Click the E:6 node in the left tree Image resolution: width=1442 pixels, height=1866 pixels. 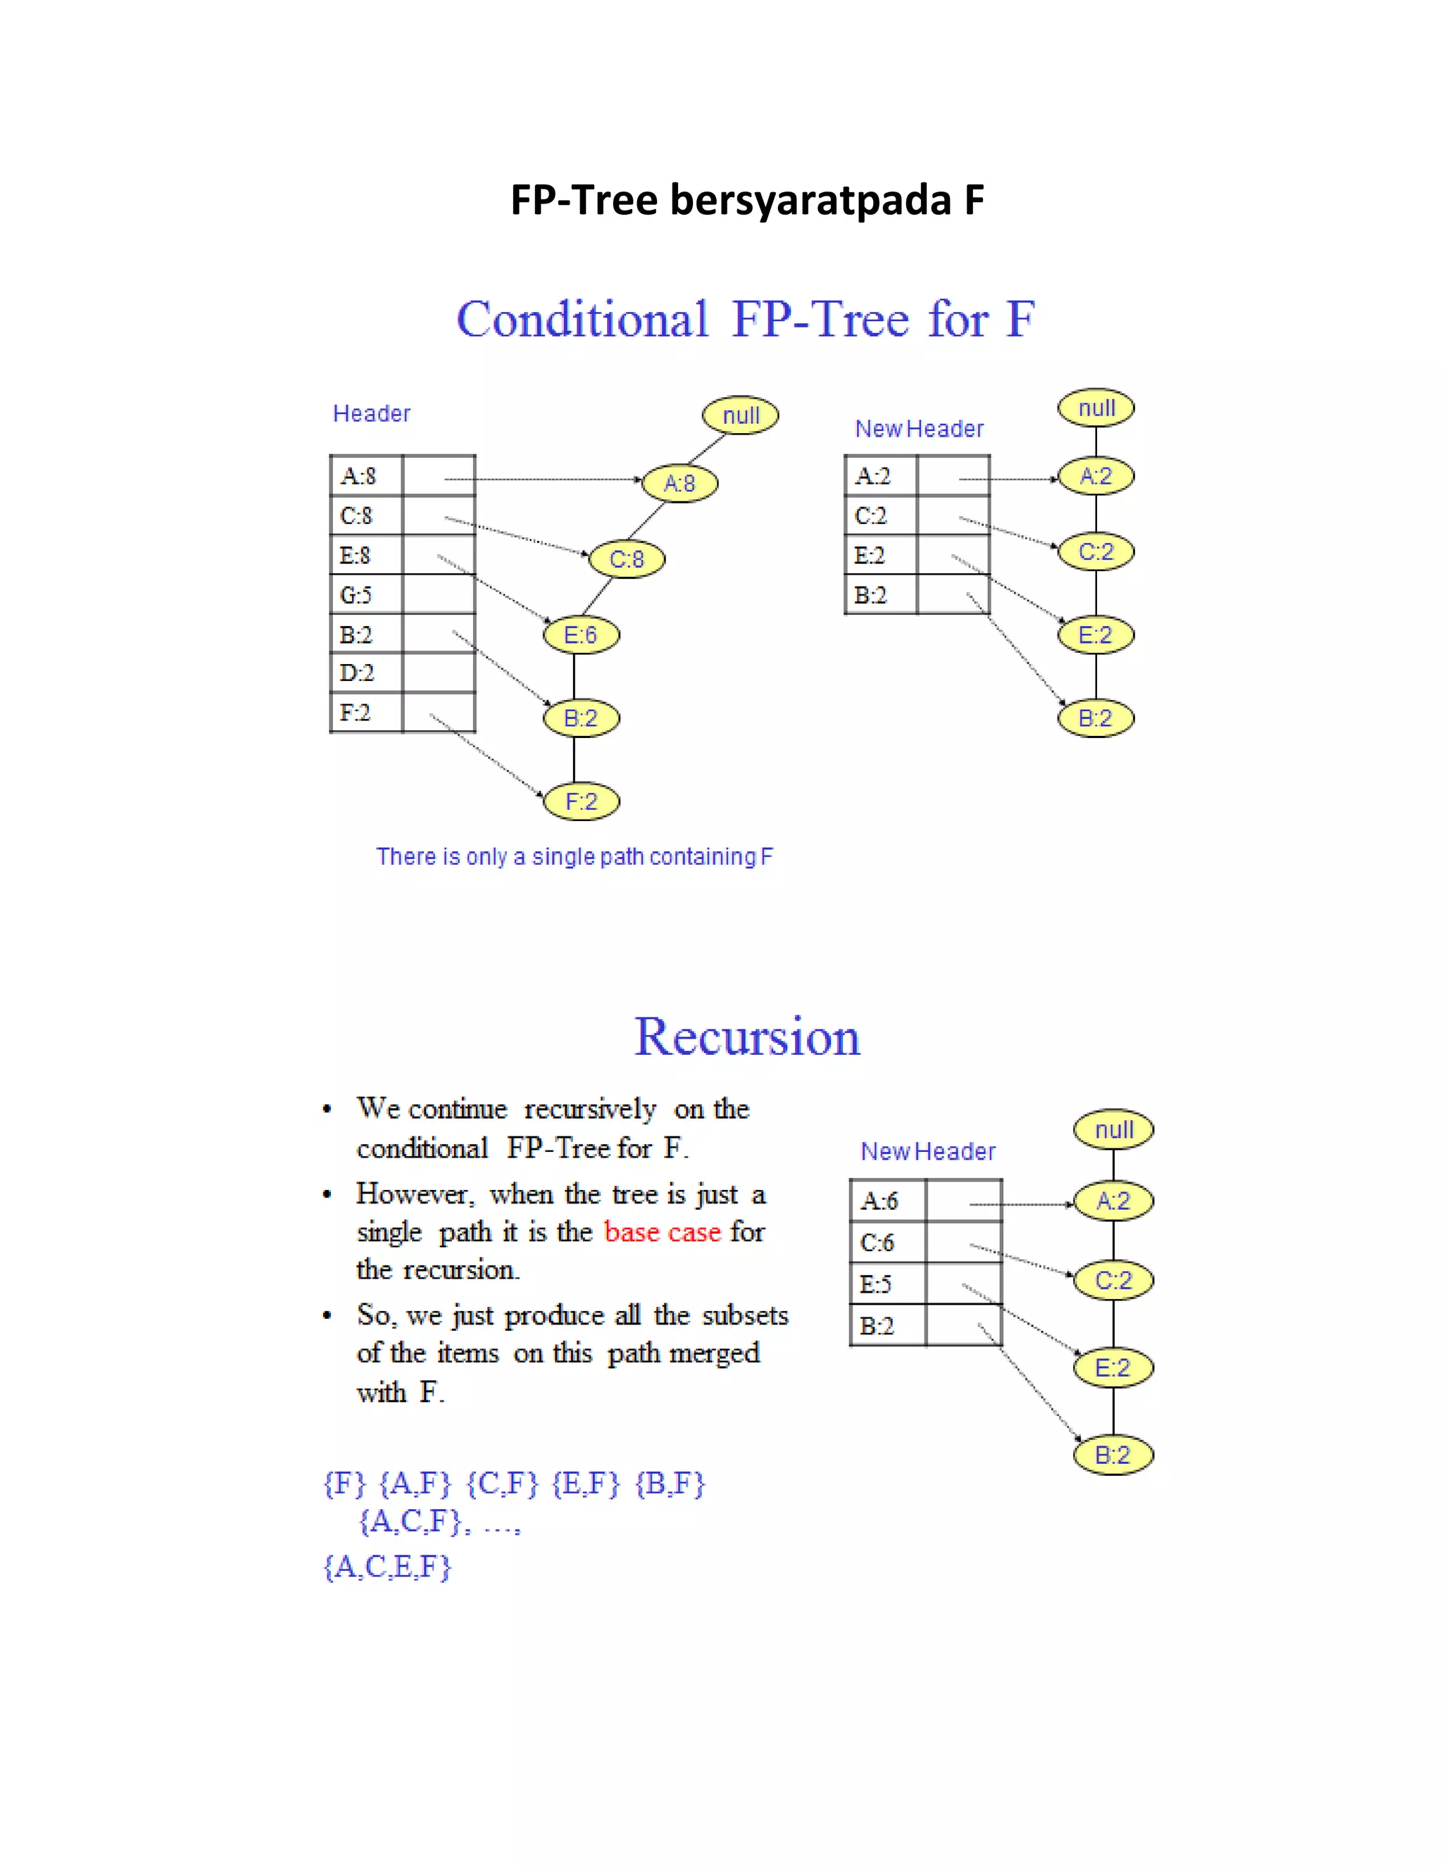click(x=581, y=635)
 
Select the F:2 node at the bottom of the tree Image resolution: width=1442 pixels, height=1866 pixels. click(x=581, y=801)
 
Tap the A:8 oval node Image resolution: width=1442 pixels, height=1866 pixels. click(x=679, y=484)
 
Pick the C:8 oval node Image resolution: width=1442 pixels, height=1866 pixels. click(x=627, y=560)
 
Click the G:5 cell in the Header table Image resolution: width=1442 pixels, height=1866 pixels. click(x=356, y=595)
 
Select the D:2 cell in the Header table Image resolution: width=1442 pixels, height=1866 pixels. click(x=357, y=673)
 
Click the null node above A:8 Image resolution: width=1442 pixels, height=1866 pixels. click(x=741, y=416)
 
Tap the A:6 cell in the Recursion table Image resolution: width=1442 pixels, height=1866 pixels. click(x=880, y=1201)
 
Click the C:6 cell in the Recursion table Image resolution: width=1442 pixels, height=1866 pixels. click(x=877, y=1242)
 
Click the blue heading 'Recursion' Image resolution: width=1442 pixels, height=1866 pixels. click(x=746, y=1037)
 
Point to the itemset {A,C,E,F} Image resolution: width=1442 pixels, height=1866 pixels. click(x=387, y=1567)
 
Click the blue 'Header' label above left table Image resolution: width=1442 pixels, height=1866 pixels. click(x=372, y=413)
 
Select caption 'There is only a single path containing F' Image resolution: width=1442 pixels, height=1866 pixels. click(x=574, y=856)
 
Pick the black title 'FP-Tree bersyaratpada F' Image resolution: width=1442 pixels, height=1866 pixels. click(x=746, y=200)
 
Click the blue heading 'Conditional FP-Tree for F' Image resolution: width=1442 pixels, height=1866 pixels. click(x=745, y=320)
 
